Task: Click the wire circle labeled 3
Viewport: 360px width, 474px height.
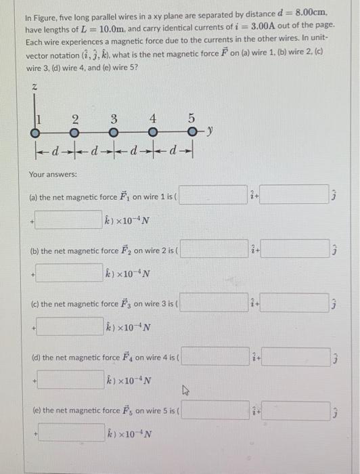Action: [113, 132]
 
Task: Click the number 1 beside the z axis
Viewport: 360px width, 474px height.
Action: [40, 118]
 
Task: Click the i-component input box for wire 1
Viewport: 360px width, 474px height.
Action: [213, 194]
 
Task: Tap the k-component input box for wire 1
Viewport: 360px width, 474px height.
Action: [69, 220]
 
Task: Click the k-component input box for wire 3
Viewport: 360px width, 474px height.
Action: [69, 328]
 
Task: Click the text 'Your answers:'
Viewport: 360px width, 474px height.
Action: [53, 174]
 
